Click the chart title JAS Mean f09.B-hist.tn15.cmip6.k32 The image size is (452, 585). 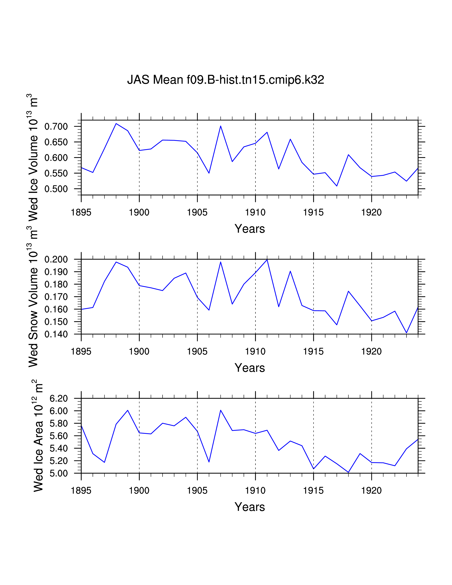(225, 80)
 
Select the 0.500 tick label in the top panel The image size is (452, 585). (56, 189)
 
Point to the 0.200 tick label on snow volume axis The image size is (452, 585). (56, 259)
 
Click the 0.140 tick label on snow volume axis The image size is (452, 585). (56, 334)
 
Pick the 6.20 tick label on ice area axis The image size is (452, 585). (59, 398)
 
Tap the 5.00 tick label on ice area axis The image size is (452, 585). (59, 473)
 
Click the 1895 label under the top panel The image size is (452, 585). (81, 212)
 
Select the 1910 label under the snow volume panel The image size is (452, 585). (255, 351)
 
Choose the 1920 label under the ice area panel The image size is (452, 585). (371, 491)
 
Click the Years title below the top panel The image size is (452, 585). (250, 229)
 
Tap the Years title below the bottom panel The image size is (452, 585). (250, 507)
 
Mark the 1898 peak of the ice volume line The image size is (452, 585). (116, 124)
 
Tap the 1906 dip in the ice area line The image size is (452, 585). (209, 462)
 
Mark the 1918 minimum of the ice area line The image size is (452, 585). (348, 472)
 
